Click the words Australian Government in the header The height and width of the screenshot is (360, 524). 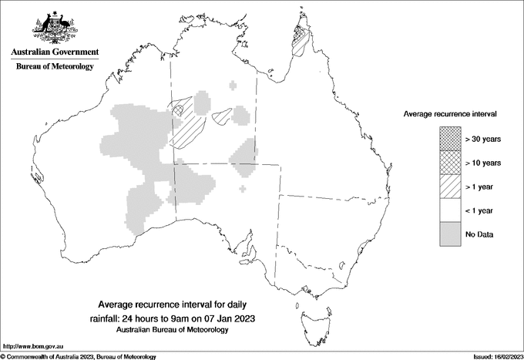click(x=54, y=52)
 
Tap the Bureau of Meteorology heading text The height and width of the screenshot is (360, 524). click(x=54, y=67)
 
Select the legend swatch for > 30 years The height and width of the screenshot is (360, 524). click(x=449, y=139)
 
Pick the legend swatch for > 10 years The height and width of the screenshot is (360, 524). click(x=449, y=163)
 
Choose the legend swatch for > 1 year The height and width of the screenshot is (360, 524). click(x=449, y=187)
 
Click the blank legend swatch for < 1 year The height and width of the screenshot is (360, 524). click(x=449, y=210)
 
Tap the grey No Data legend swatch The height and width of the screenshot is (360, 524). click(x=449, y=234)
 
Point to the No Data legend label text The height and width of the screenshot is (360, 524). click(x=480, y=234)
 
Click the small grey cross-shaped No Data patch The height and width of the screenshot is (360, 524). click(x=244, y=188)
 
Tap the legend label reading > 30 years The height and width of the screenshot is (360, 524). click(x=482, y=140)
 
